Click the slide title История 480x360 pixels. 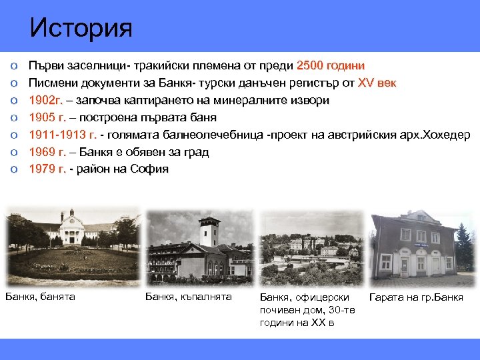(x=81, y=28)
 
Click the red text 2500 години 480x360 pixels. (x=330, y=65)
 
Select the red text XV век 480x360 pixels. (x=377, y=83)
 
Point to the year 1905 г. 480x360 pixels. (x=48, y=117)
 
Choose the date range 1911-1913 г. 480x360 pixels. (x=63, y=135)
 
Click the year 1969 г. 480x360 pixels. (x=48, y=152)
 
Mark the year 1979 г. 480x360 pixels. (x=48, y=169)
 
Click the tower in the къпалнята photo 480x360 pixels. (x=209, y=231)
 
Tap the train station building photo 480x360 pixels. (x=417, y=246)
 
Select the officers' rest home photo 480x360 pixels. (x=311, y=247)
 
